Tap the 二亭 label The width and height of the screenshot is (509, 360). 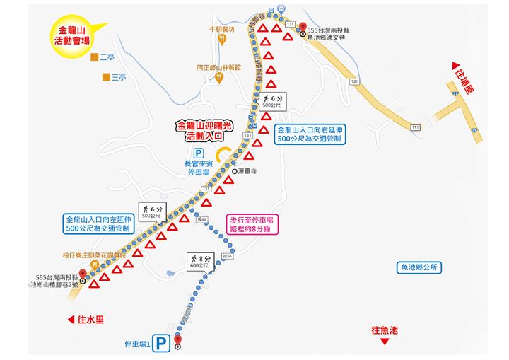tap(107, 57)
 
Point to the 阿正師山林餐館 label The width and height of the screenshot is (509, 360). tap(219, 68)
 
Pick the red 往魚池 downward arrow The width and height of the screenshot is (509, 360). tap(385, 342)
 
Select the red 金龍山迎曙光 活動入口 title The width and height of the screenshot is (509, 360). tap(204, 129)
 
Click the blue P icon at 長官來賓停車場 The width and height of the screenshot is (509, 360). tap(198, 153)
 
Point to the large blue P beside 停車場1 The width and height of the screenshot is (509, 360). tap(162, 344)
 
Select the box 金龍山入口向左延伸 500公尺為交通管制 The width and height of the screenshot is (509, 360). tap(98, 223)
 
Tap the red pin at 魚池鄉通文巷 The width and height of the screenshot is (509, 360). tap(304, 27)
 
